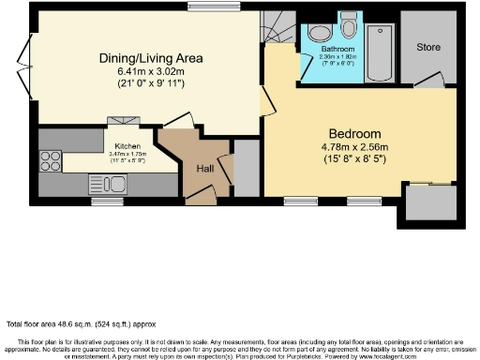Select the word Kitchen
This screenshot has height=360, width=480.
pos(127,147)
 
